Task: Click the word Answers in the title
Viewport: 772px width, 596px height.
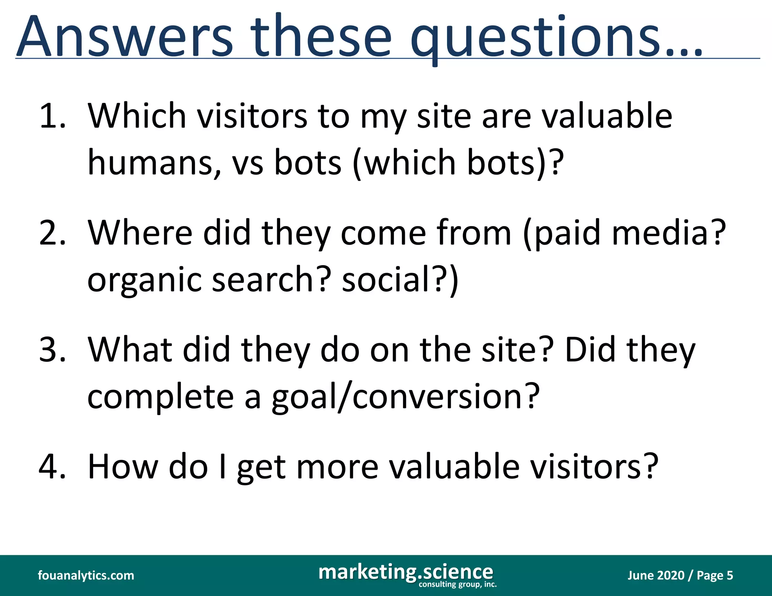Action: click(124, 37)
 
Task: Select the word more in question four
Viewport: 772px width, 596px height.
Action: click(337, 467)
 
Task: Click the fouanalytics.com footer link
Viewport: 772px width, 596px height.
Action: click(86, 575)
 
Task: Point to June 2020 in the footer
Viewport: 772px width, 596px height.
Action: click(656, 575)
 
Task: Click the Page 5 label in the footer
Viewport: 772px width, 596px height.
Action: click(715, 575)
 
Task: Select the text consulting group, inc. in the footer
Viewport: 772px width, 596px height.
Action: click(458, 584)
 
